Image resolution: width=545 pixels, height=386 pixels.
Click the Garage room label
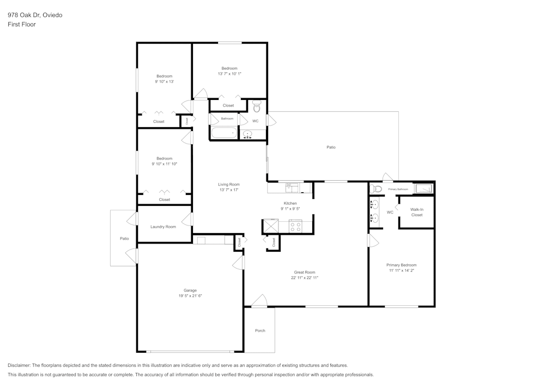[x=190, y=290]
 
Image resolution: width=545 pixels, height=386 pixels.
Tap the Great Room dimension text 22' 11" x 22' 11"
[x=304, y=278]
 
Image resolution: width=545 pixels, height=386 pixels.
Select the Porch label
[x=260, y=331]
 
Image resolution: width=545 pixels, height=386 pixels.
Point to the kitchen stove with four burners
[x=295, y=227]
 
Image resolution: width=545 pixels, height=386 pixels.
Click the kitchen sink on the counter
[x=292, y=188]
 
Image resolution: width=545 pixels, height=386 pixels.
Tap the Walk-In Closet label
[x=416, y=212]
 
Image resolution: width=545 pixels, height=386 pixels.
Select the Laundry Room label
[x=163, y=227]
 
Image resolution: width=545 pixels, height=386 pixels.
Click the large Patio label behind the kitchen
[x=331, y=147]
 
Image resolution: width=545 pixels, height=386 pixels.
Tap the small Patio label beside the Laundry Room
[x=124, y=239]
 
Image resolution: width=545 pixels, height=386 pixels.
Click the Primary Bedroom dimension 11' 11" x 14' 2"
[x=401, y=270]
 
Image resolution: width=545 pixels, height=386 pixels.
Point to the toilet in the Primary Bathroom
[x=377, y=189]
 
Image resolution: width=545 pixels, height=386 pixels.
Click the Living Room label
[x=229, y=185]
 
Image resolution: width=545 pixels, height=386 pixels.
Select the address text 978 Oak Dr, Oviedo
[x=35, y=15]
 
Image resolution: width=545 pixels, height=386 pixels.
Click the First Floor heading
[x=22, y=25]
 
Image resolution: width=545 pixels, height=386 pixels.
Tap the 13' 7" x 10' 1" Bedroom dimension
[x=229, y=74]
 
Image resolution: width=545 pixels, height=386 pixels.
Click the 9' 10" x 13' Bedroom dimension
[x=164, y=81]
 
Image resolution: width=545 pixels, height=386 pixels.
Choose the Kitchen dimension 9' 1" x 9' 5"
[x=290, y=209]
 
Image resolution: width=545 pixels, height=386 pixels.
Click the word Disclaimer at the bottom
[x=19, y=365]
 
